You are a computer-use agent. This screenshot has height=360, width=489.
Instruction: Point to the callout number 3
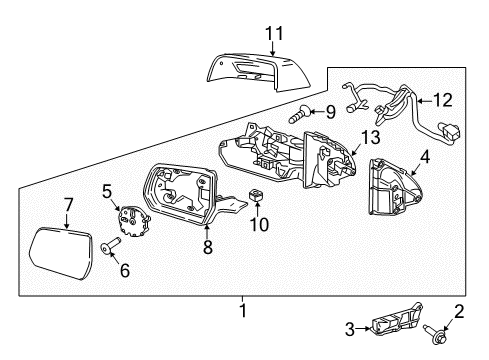[x=350, y=329]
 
